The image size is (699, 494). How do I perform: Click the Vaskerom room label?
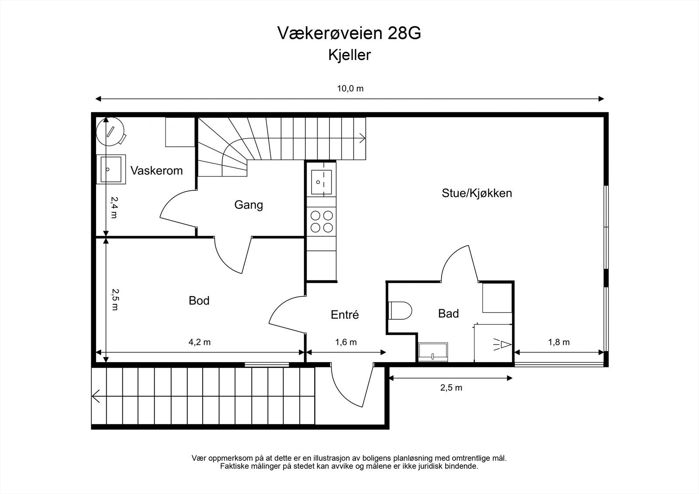(x=156, y=170)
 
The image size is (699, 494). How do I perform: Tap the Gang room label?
(x=249, y=204)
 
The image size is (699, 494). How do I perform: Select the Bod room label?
(x=199, y=301)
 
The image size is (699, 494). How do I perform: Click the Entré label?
(x=345, y=314)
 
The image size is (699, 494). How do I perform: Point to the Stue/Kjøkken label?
(x=477, y=193)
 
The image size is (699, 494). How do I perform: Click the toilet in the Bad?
(x=400, y=311)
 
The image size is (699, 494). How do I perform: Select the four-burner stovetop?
(x=322, y=221)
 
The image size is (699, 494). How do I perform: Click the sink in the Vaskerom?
(x=111, y=169)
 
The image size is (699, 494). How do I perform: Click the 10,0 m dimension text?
(x=350, y=89)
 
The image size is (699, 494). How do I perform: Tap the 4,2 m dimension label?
(x=199, y=342)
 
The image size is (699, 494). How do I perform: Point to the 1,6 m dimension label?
(x=346, y=342)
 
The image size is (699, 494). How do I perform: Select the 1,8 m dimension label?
(x=559, y=342)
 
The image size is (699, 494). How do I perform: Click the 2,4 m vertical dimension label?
(x=114, y=207)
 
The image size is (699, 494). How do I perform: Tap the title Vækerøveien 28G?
(x=349, y=33)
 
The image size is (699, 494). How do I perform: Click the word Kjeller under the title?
(x=349, y=55)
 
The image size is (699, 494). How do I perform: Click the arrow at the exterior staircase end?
(x=97, y=396)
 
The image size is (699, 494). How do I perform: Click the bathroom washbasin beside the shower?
(x=433, y=352)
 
